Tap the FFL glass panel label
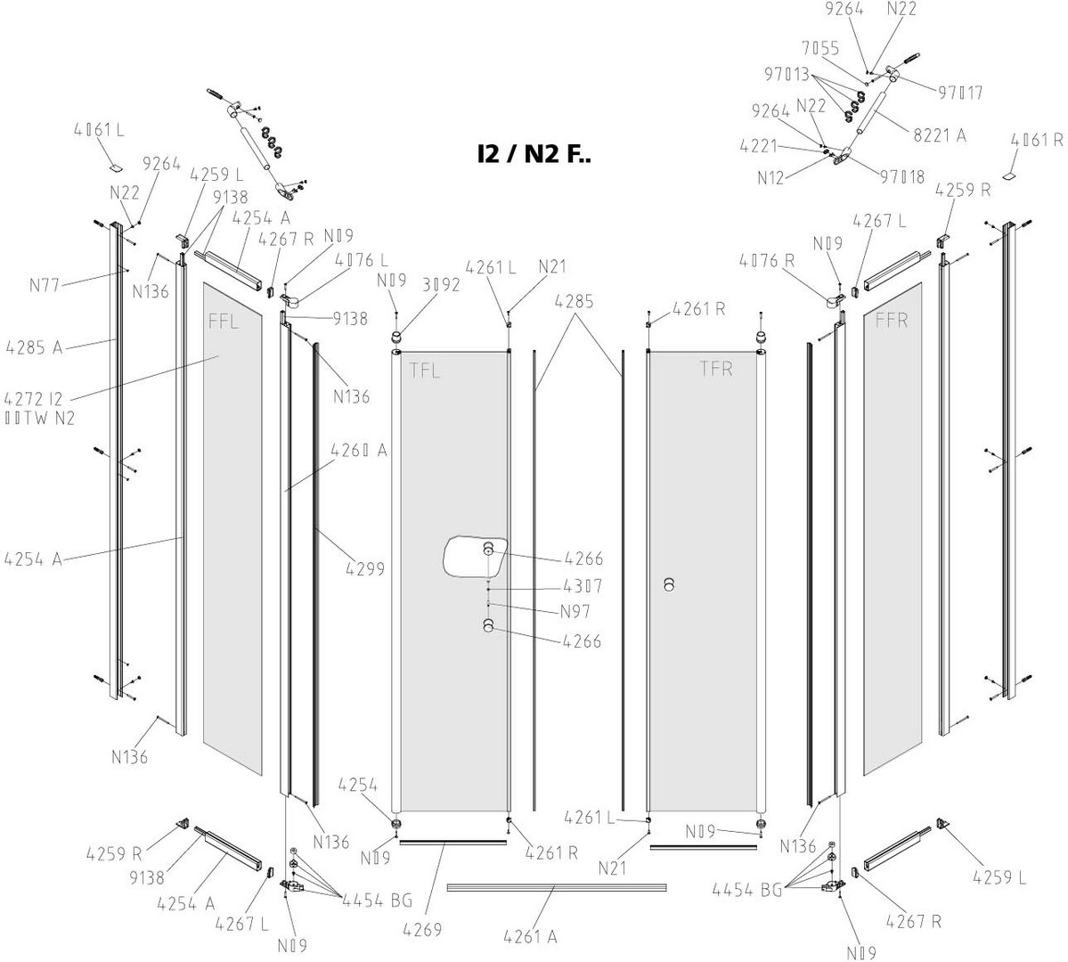pos(224,322)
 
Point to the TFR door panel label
pos(715,370)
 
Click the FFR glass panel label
pos(891,320)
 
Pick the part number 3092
pos(441,286)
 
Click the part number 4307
pos(583,586)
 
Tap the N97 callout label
pos(575,612)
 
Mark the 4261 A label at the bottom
pos(530,936)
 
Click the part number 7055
pos(819,48)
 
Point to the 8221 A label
pos(942,135)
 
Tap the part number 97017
pos(959,92)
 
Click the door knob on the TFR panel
pos(669,584)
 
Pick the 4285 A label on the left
pos(34,346)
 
